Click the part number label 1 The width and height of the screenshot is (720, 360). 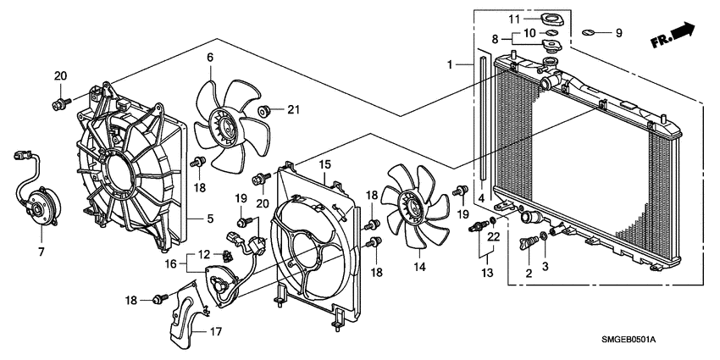(451, 64)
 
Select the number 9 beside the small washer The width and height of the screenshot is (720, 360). (618, 33)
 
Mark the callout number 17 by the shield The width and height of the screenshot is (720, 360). (215, 331)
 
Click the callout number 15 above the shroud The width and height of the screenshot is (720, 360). (323, 163)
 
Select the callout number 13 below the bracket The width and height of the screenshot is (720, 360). (486, 272)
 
